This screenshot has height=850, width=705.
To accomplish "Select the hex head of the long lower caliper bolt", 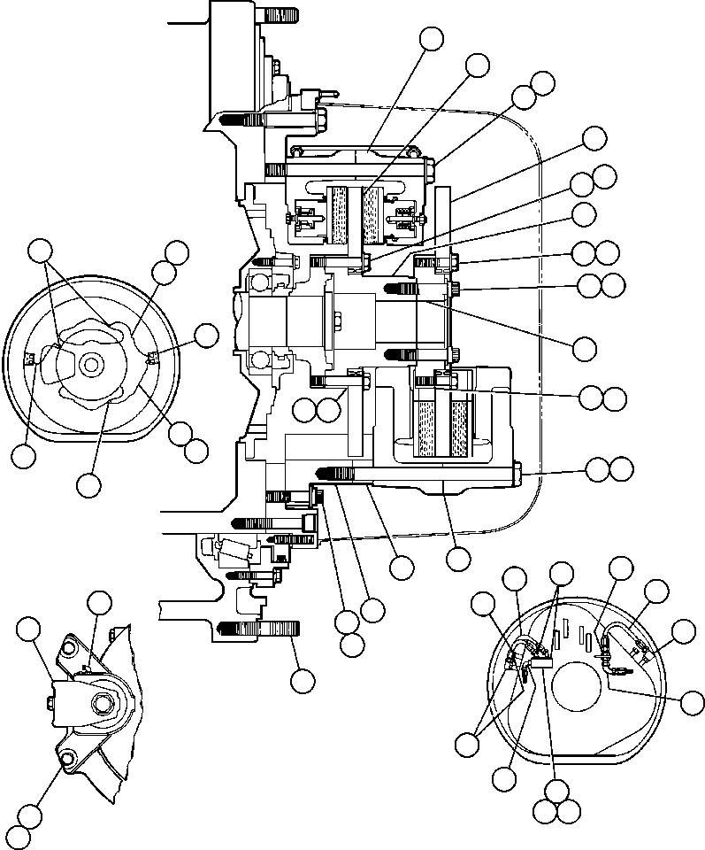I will click(x=517, y=474).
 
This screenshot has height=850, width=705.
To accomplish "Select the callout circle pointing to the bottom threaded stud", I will click(x=303, y=680).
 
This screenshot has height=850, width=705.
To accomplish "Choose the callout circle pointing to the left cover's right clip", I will click(x=206, y=335).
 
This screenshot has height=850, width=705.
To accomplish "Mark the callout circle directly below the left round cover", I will click(x=88, y=484).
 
